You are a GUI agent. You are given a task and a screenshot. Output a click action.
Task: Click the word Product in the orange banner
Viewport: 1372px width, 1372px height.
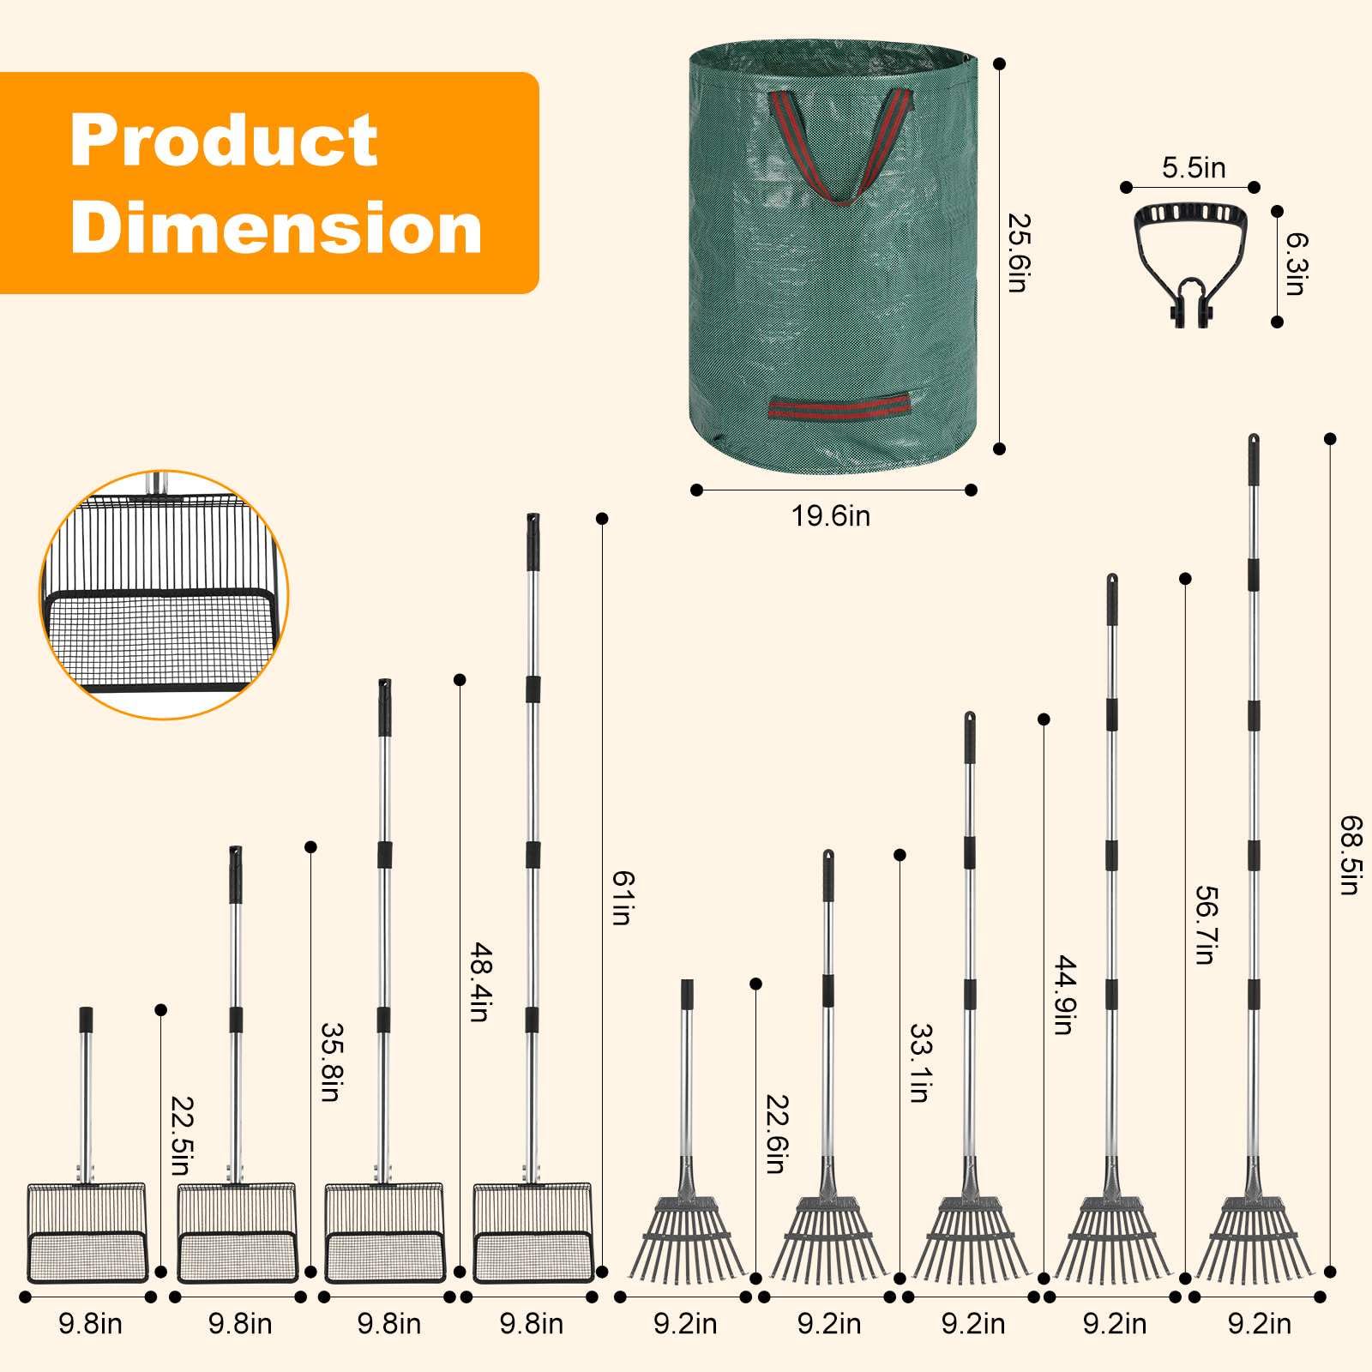click(224, 140)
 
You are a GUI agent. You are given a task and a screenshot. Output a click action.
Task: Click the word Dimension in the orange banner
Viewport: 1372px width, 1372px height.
click(276, 227)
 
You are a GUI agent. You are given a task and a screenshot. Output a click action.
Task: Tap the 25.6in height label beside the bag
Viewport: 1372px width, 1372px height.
click(1018, 253)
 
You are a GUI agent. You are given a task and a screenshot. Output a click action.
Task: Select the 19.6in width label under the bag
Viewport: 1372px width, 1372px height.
click(830, 516)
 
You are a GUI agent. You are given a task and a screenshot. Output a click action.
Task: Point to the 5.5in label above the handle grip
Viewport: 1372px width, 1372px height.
click(1194, 168)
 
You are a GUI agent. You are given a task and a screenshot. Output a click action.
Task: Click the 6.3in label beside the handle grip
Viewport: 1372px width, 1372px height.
click(1295, 264)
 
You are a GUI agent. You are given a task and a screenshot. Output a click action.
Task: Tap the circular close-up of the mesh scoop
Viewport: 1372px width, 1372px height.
click(164, 594)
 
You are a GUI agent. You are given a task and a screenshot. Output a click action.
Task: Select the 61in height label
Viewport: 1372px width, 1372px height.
click(622, 898)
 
